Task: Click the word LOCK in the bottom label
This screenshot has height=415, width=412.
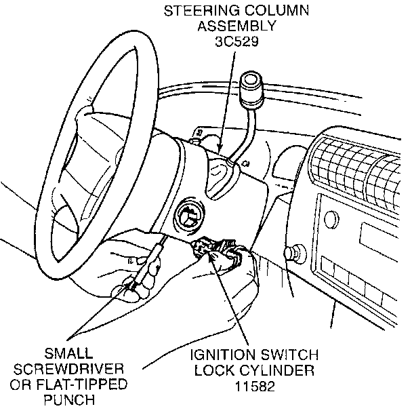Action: pyautogui.click(x=213, y=371)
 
